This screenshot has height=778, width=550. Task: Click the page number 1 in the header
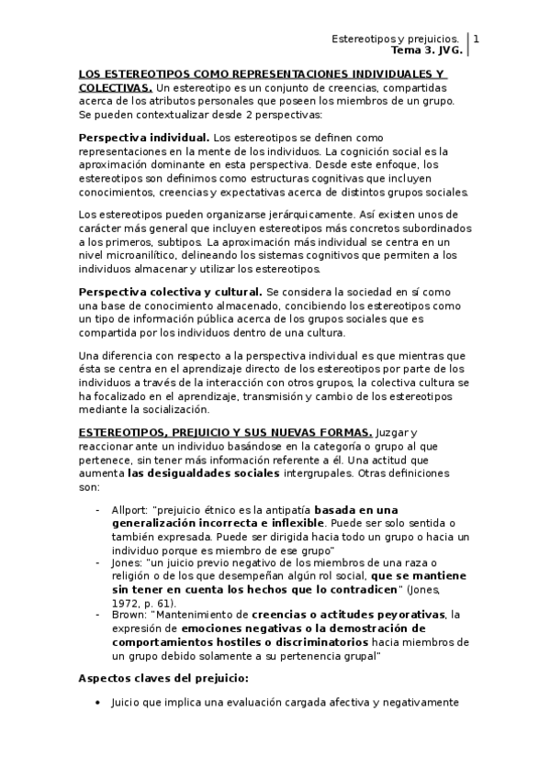[x=476, y=39]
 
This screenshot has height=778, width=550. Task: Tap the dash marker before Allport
[x=98, y=509]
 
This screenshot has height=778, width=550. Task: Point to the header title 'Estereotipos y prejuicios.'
[x=396, y=39]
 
